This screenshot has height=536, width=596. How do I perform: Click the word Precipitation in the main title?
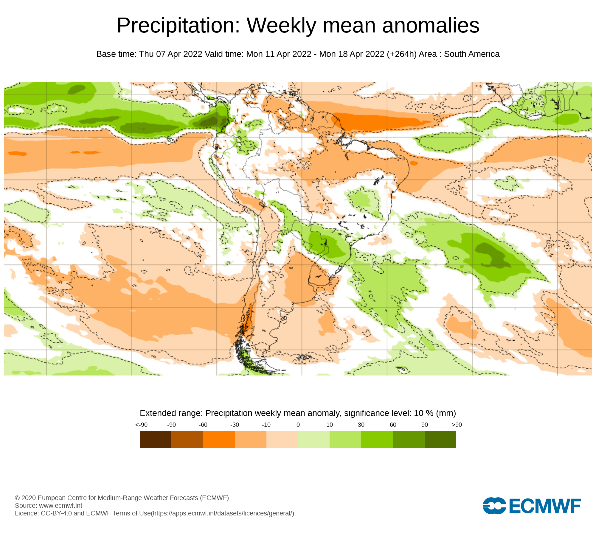tap(178, 26)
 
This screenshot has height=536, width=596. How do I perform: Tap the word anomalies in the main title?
tap(431, 26)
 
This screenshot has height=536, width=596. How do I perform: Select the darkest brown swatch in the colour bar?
tap(155, 439)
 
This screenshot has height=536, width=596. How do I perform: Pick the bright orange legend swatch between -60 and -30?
tap(219, 439)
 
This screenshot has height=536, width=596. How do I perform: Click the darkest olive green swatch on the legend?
tap(440, 439)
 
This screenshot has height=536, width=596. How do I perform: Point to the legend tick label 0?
tap(298, 425)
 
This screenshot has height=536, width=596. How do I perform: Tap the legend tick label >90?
tap(457, 425)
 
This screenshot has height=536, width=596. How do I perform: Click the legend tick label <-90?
tap(141, 425)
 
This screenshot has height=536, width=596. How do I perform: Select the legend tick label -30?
tap(235, 425)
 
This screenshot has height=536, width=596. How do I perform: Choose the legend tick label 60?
tap(393, 425)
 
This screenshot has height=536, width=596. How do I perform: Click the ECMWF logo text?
tap(545, 506)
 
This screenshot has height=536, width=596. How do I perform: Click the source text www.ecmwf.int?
tap(60, 505)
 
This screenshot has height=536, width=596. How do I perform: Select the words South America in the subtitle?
tap(471, 54)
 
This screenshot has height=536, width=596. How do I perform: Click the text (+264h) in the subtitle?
tap(401, 54)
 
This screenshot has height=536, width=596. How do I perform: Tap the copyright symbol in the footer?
tap(17, 498)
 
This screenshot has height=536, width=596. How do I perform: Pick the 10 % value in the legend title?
tap(423, 413)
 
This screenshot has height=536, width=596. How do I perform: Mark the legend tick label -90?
tap(171, 425)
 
